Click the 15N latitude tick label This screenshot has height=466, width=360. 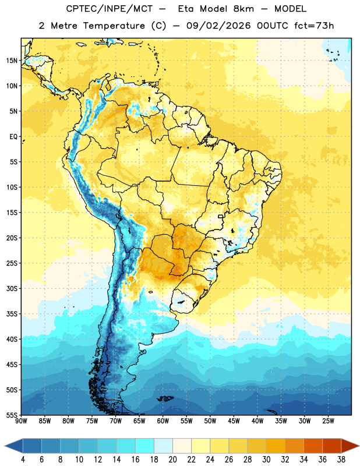click(x=11, y=61)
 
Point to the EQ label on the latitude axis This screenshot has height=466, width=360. click(x=13, y=137)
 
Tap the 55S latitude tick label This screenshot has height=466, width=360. click(x=11, y=415)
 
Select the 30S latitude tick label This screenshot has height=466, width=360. click(x=11, y=288)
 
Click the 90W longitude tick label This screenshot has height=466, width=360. click(x=21, y=421)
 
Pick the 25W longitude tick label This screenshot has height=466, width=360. click(x=328, y=421)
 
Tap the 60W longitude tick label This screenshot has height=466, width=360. click(x=163, y=421)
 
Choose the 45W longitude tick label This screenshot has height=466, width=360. click(x=234, y=421)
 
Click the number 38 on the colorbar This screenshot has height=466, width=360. click(x=341, y=460)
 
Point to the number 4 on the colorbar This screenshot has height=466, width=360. click(x=23, y=460)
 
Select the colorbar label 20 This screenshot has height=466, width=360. click(x=172, y=460)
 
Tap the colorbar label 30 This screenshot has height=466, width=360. click(x=266, y=460)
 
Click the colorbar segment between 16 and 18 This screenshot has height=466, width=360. click(x=144, y=446)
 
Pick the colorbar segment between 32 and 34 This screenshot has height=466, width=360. click(x=294, y=446)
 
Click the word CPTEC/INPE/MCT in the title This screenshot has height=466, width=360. click(x=110, y=9)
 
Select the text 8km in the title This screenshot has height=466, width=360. click(x=243, y=9)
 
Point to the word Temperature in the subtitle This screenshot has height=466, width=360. click(x=114, y=26)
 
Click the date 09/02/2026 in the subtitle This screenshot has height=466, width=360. click(x=218, y=26)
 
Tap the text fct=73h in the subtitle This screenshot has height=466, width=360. click(x=314, y=26)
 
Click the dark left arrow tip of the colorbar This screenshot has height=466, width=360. click(x=5, y=446)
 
